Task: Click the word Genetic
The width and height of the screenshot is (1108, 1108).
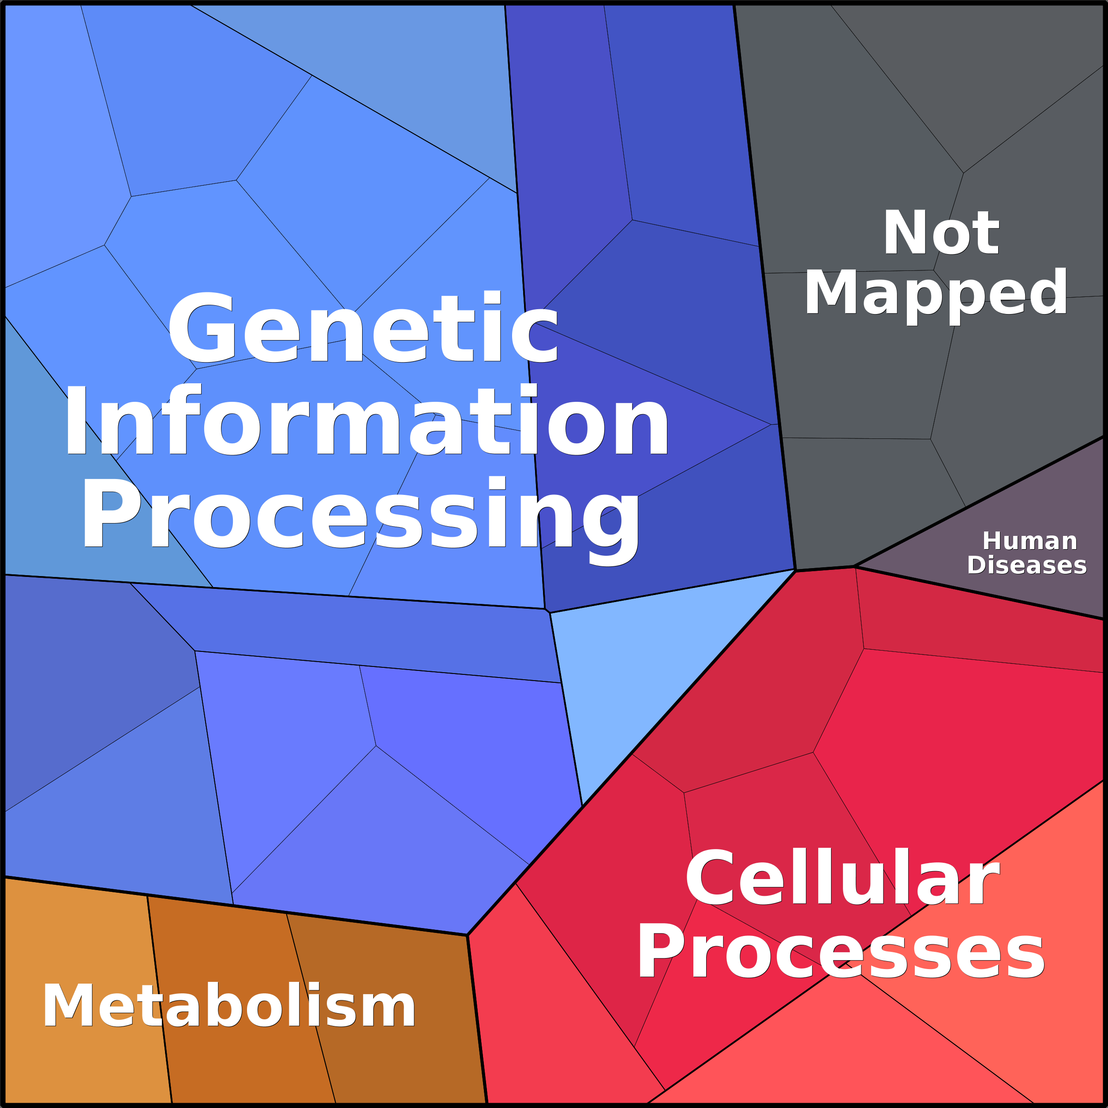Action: (363, 327)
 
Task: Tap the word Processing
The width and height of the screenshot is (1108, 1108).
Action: (361, 520)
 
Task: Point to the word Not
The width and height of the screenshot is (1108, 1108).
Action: (941, 232)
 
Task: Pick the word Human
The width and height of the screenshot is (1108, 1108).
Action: (1030, 541)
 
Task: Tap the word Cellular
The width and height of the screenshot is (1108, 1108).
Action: (842, 877)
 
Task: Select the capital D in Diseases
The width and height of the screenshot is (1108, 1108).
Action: (977, 565)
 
